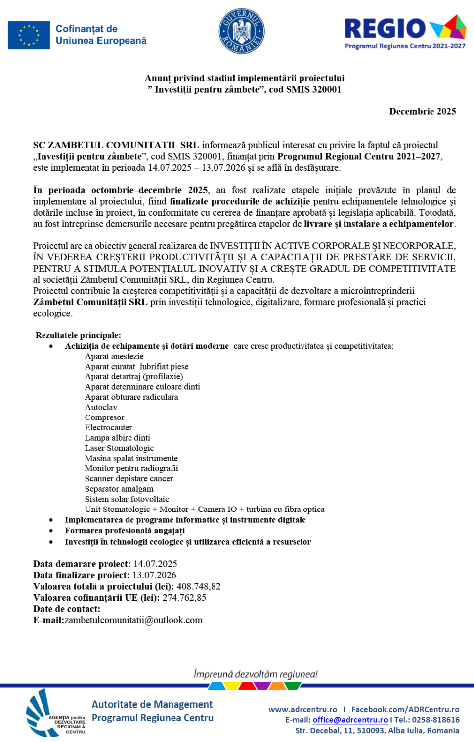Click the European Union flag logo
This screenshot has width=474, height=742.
[x=29, y=35]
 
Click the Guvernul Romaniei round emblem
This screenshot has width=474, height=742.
[x=242, y=31]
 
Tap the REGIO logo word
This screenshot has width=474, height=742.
[x=385, y=29]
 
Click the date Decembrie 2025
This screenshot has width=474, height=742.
[x=423, y=111]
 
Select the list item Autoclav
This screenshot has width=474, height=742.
[x=101, y=407]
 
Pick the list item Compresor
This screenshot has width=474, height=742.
[x=104, y=417]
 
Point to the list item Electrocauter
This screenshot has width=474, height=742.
[x=108, y=427]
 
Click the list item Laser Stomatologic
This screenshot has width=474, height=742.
[x=119, y=448]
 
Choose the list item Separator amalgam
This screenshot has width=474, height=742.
[x=119, y=489]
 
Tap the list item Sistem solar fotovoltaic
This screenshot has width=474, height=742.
[x=127, y=499]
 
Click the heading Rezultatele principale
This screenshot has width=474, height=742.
[x=78, y=335]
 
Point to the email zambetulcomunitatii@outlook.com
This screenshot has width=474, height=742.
[x=133, y=620]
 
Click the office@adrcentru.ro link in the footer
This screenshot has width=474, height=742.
[x=350, y=720]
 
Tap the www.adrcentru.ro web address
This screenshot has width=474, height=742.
[x=302, y=709]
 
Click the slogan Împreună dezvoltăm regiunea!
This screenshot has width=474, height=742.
[x=256, y=674]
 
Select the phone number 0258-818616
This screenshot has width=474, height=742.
[x=436, y=720]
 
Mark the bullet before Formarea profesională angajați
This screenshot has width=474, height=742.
[x=51, y=531]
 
